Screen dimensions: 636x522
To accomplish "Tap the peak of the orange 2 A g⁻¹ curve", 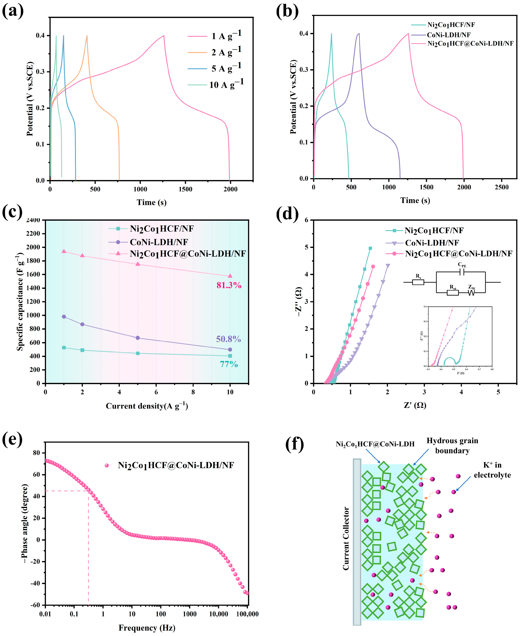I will (x=87, y=36).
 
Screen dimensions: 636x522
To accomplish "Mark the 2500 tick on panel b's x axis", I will (x=502, y=187).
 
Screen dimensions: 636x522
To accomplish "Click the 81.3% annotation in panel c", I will (x=229, y=285).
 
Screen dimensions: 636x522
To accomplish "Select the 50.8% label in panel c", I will (x=228, y=339).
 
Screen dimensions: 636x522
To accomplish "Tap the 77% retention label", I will (x=229, y=364).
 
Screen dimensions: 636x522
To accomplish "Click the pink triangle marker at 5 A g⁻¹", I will (x=138, y=264).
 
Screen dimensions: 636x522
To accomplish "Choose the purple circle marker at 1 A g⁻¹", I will (x=64, y=317).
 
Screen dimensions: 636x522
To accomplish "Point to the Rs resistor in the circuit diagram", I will (x=418, y=282).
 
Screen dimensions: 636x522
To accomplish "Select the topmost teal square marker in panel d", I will (x=370, y=248).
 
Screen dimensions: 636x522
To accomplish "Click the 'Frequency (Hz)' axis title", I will (x=147, y=628).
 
